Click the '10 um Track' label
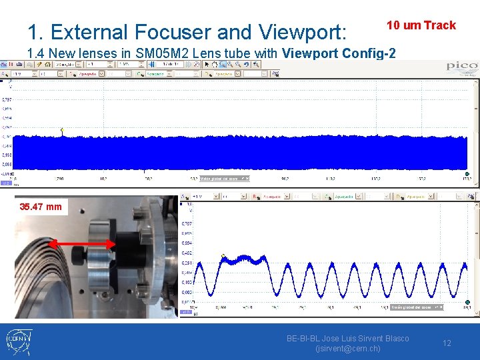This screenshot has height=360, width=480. [x=421, y=25]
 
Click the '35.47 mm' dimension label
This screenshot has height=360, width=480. [x=41, y=207]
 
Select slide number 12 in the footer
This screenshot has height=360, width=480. [x=447, y=343]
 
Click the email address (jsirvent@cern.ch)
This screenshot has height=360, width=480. [x=347, y=349]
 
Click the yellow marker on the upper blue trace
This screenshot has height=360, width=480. [x=62, y=130]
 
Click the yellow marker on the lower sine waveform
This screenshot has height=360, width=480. [x=223, y=255]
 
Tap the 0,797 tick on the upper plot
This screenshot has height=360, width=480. [x=7, y=99]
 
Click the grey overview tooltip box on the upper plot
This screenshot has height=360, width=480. [x=225, y=178]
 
